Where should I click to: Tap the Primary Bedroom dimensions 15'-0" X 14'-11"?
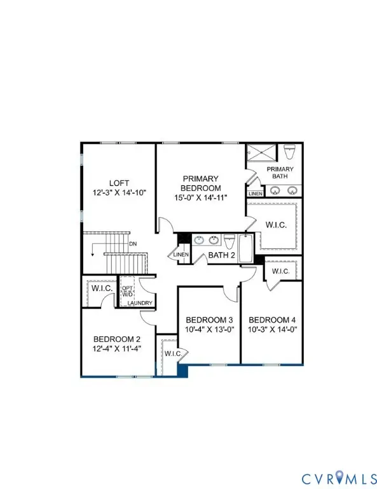202,198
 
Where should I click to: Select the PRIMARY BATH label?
280,173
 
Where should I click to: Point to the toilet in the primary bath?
291,152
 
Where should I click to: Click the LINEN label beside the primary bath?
255,193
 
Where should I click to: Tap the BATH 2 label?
220,256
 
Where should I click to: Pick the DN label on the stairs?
132,243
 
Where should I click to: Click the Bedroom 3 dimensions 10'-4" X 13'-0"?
207,329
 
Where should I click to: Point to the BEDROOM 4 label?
270,320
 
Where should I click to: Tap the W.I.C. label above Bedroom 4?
280,271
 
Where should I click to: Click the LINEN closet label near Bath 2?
178,255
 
